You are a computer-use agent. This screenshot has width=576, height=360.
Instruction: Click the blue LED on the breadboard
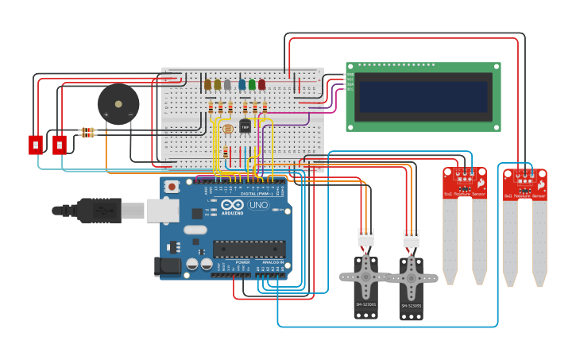[242, 84]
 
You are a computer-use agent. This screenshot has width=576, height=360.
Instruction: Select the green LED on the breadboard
[252, 84]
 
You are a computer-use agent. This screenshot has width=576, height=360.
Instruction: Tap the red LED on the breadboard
[261, 84]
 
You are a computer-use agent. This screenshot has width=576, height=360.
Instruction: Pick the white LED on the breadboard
[227, 85]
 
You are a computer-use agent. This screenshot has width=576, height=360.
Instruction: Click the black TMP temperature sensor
[245, 126]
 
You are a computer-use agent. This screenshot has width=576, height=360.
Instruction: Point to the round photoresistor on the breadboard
[227, 128]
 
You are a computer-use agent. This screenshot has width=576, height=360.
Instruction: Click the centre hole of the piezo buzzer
[118, 103]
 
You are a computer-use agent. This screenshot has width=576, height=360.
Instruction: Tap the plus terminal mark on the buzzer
[106, 115]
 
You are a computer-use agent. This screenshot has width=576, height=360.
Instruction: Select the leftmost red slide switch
[36, 145]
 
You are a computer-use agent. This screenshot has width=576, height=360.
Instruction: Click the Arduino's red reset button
[172, 187]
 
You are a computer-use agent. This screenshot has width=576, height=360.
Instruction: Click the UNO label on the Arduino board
[258, 205]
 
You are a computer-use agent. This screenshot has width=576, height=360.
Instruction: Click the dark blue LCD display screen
[423, 97]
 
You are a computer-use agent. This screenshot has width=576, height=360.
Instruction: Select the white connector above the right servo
[411, 239]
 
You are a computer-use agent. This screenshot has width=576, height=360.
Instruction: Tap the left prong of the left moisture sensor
[450, 238]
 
